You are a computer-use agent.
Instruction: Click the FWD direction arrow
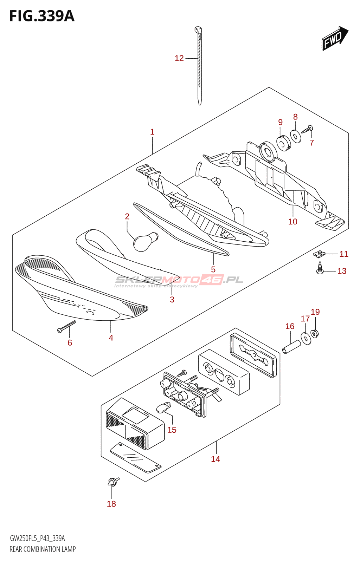334,38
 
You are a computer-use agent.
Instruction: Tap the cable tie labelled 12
199,67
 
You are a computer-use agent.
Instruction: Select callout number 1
152,132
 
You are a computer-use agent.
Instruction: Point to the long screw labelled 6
67,327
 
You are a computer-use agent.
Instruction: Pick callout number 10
292,222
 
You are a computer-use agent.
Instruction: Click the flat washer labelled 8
296,136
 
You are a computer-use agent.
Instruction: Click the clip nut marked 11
319,253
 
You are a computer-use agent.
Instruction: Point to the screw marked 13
320,268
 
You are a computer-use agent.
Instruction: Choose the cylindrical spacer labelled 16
291,346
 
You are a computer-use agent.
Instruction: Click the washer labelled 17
306,338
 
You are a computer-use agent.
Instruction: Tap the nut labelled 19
315,333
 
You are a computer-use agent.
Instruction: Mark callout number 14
216,459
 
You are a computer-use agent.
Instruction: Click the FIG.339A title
42,16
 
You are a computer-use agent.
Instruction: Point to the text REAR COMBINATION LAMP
43,549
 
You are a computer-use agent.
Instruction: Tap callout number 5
213,269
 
